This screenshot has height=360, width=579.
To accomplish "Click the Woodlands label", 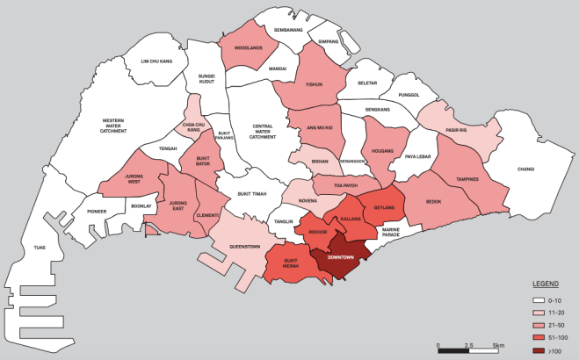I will pyautogui.click(x=249, y=47).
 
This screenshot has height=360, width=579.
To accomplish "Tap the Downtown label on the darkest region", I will pyautogui.click(x=340, y=257).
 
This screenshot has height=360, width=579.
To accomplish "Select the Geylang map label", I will pyautogui.click(x=384, y=208).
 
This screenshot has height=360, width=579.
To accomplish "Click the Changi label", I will pyautogui.click(x=525, y=169).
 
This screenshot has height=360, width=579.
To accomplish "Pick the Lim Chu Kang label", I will pyautogui.click(x=158, y=61).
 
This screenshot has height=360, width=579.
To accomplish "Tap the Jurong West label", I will pyautogui.click(x=134, y=180).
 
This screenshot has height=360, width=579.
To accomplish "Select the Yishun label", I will pyautogui.click(x=314, y=84).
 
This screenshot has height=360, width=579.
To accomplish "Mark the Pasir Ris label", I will pyautogui.click(x=453, y=130).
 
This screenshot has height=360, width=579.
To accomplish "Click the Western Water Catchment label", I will pyautogui.click(x=113, y=126).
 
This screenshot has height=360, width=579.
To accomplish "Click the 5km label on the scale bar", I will pyautogui.click(x=499, y=344).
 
